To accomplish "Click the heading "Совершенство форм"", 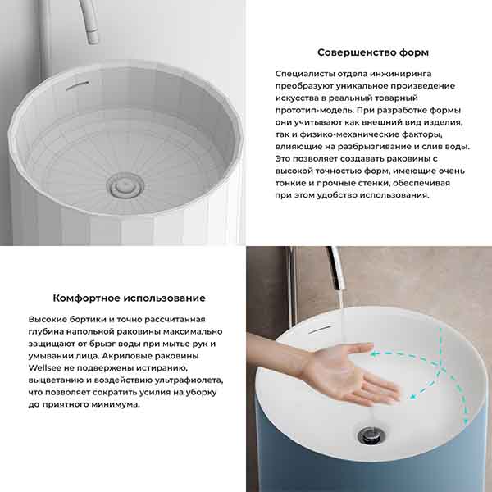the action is click(373, 52).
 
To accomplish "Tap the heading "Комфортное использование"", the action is click(129, 298).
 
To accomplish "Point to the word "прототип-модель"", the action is click(315, 111).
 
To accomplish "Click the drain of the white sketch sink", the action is click(125, 185).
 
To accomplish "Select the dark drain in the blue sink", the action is click(371, 435).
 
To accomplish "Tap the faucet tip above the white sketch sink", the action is click(93, 37).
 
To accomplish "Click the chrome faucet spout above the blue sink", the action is click(336, 268).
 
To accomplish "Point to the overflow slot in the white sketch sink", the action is click(77, 85).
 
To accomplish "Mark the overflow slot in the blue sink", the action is click(320, 329).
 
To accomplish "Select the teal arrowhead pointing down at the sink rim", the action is click(466, 420).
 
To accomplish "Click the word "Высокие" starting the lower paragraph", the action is click(47, 320).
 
